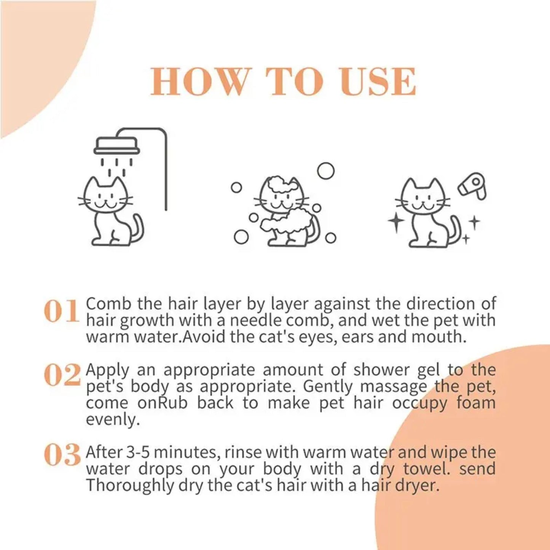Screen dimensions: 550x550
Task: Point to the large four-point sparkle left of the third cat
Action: (x=396, y=222)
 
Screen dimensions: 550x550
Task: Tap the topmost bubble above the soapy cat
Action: (x=325, y=171)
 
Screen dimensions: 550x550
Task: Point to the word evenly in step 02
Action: (x=111, y=420)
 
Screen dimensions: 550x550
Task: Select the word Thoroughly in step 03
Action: (x=129, y=486)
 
